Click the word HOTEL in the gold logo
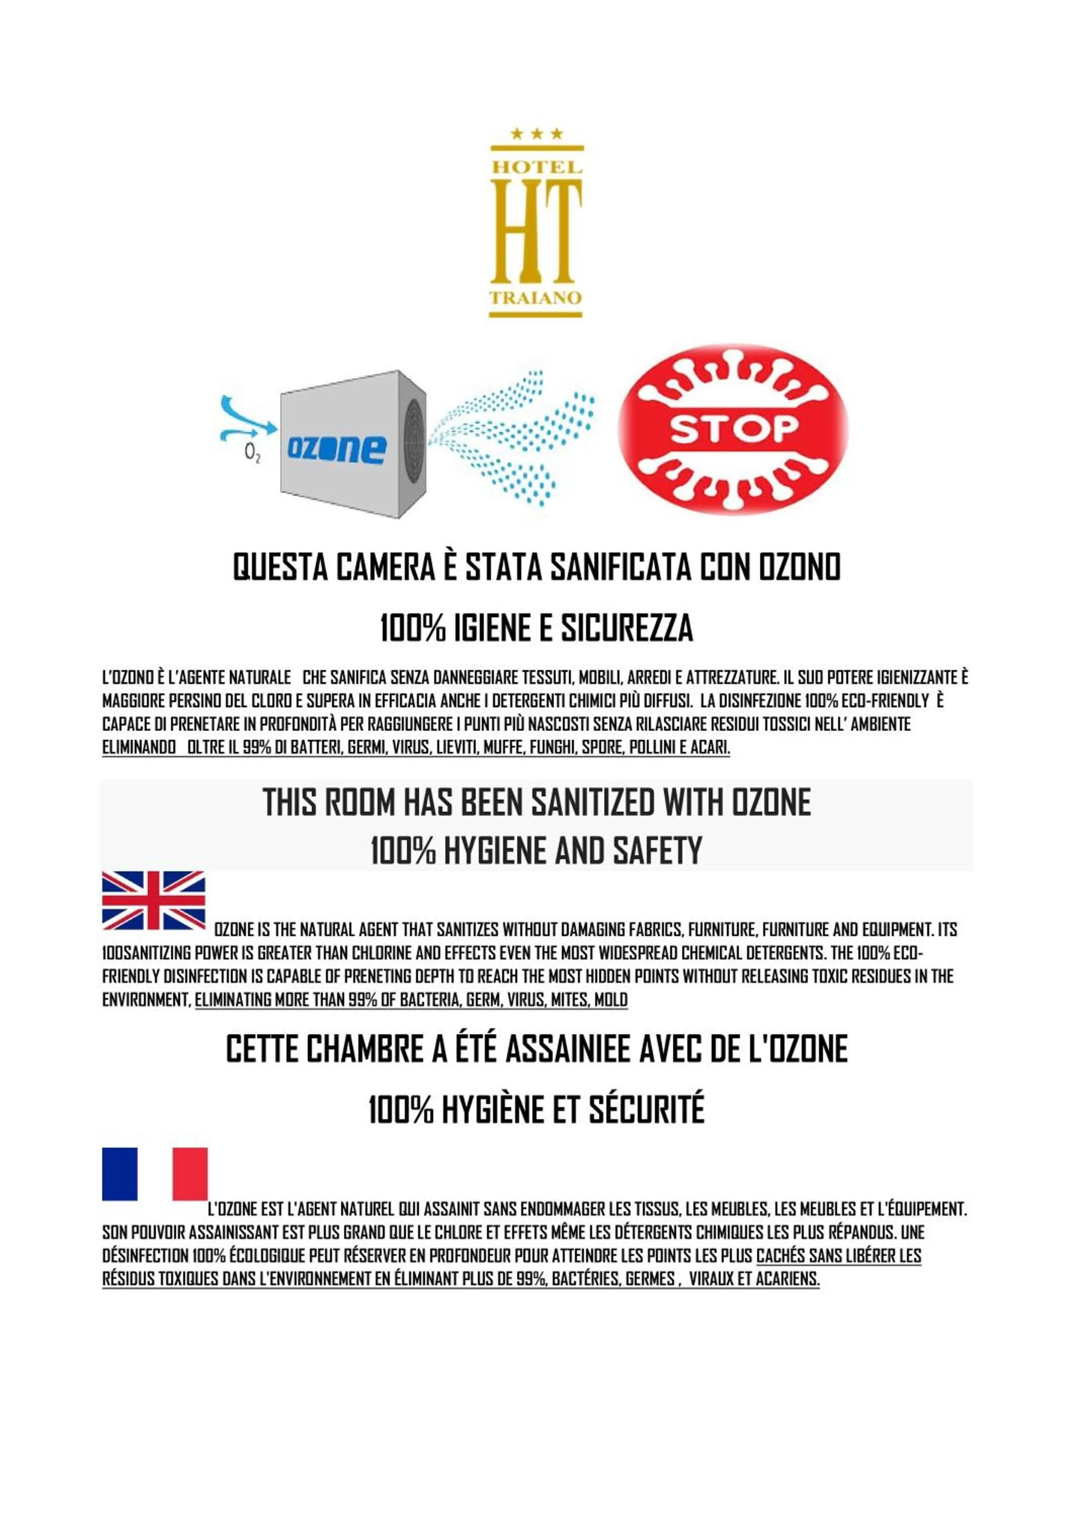click(x=536, y=167)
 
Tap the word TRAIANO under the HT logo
click(x=535, y=298)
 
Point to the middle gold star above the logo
click(x=536, y=134)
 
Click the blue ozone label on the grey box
click(x=337, y=449)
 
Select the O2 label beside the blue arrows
click(x=252, y=452)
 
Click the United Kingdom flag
click(x=153, y=901)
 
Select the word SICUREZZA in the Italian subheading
click(x=626, y=628)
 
